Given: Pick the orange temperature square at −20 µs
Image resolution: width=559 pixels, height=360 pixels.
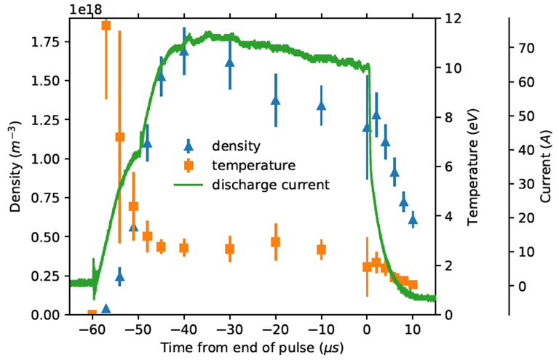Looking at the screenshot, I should tap(276, 242).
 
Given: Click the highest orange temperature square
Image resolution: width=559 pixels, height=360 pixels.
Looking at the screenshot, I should tap(106, 25).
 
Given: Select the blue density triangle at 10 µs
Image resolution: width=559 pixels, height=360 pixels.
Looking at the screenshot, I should tap(413, 218).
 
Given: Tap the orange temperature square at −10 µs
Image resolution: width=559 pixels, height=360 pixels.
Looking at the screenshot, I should tap(321, 249).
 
